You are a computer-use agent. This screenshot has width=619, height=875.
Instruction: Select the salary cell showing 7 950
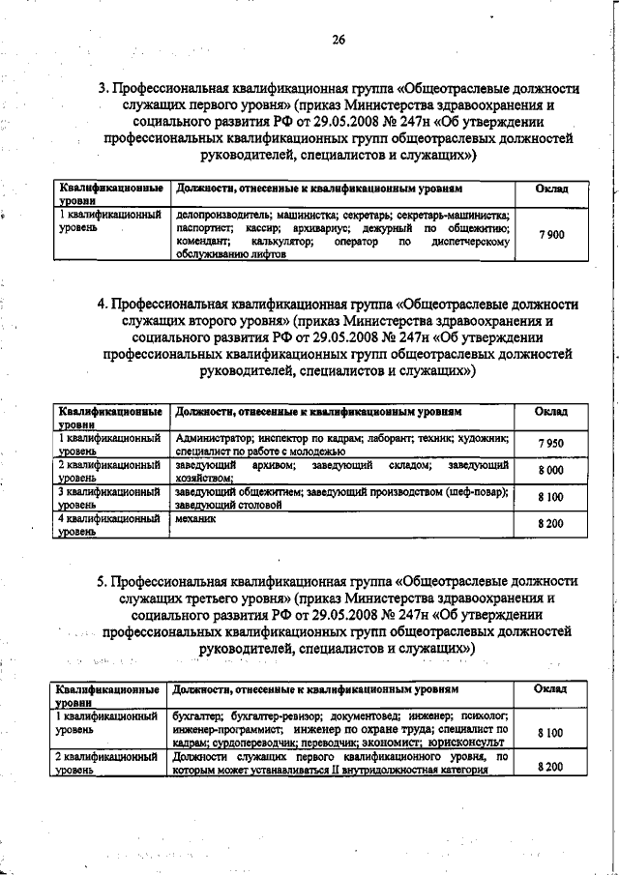click(x=550, y=444)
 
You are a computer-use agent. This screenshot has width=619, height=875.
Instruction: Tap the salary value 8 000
click(x=550, y=470)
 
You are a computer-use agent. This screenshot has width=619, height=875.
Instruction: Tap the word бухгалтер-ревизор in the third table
click(x=262, y=715)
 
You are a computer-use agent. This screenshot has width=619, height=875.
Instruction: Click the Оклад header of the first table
click(x=551, y=188)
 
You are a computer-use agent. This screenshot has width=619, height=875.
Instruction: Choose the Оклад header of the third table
click(x=550, y=688)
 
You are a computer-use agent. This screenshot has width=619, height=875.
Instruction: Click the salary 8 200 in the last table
click(x=550, y=766)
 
